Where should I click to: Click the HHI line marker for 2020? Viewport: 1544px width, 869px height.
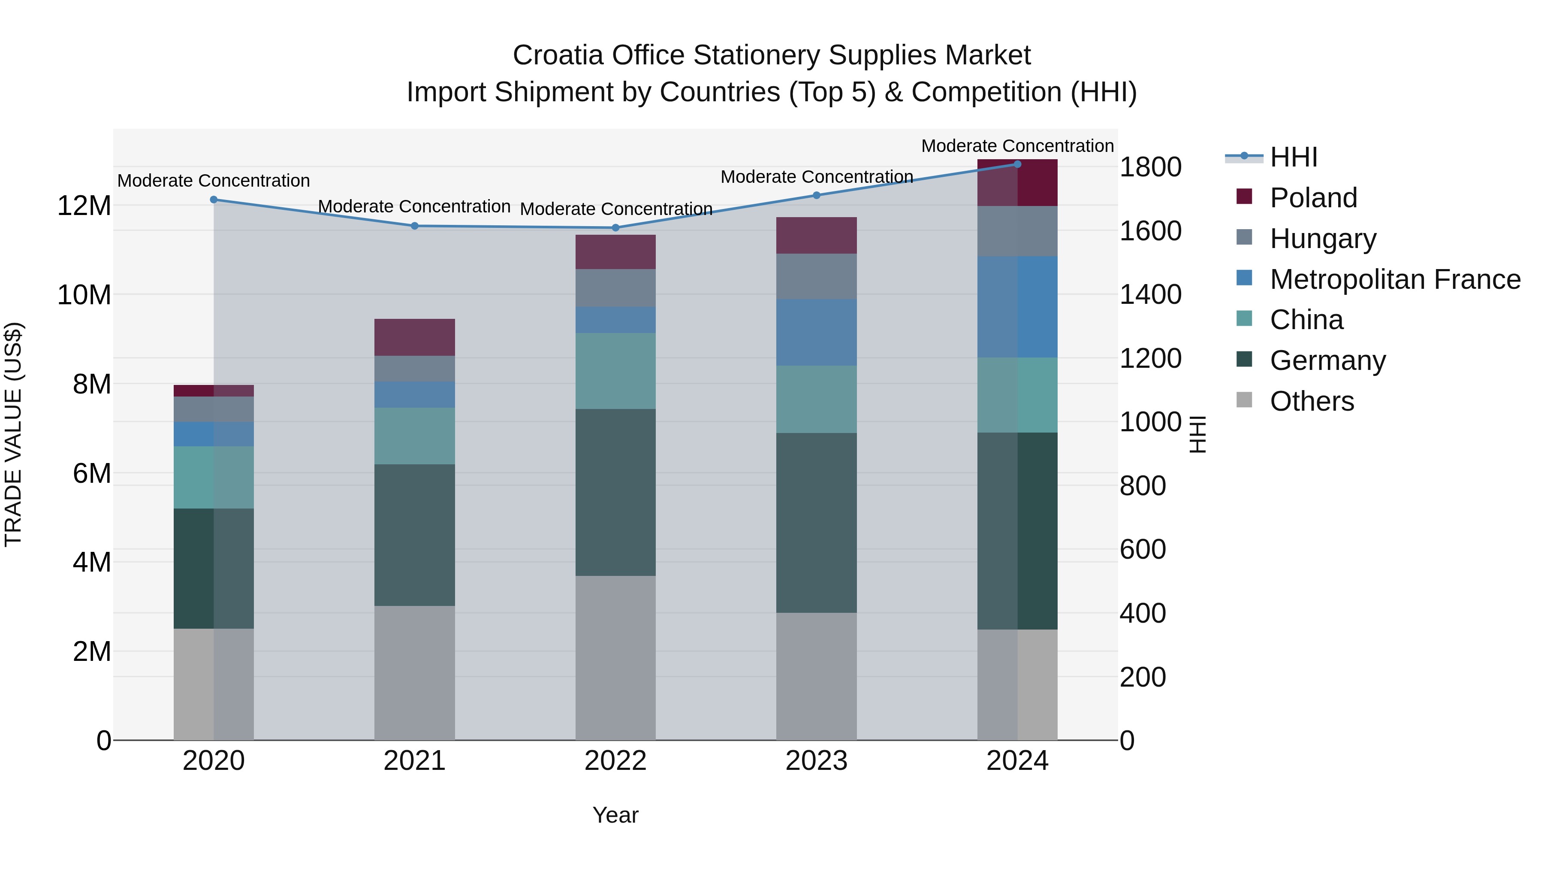(214, 200)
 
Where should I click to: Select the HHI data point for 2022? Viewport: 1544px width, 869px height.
(615, 228)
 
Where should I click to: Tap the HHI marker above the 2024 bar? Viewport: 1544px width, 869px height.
(1017, 164)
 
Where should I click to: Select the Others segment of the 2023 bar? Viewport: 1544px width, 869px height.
(816, 676)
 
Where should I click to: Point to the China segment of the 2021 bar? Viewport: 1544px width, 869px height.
(414, 436)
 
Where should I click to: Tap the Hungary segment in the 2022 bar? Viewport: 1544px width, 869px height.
(615, 288)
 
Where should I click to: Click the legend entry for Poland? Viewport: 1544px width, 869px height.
(1313, 198)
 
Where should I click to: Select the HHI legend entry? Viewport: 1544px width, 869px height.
(1294, 157)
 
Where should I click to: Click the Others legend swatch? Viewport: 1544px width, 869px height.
(1244, 400)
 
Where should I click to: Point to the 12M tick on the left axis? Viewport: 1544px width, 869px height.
(84, 206)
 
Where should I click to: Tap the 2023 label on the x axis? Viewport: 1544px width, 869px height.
(816, 761)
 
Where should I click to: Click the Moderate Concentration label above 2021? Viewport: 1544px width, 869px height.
(414, 206)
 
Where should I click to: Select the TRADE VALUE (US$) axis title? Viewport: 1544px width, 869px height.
(13, 434)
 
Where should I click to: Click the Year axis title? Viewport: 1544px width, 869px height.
(615, 815)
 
